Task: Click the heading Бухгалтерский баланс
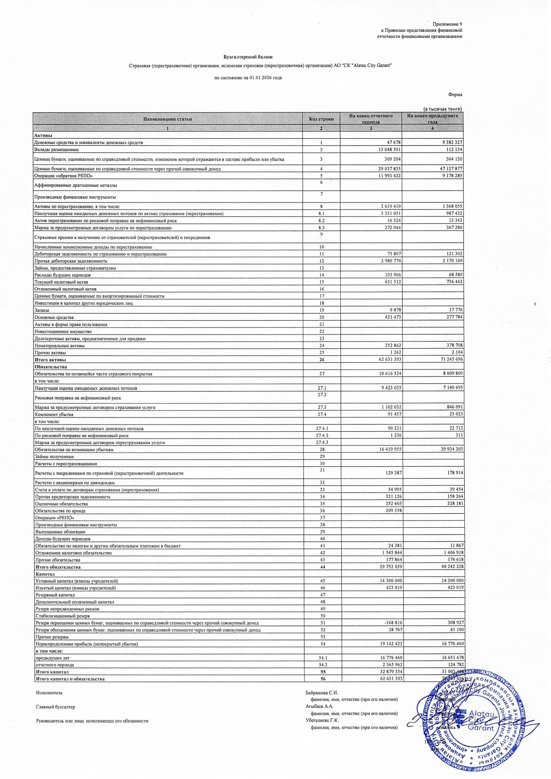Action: [248, 57]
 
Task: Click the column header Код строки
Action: [321, 119]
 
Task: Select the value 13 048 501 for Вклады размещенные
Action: [389, 150]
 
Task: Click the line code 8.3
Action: [321, 228]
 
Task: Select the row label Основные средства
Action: [54, 318]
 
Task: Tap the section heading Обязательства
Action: [51, 367]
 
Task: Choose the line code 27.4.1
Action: [322, 429]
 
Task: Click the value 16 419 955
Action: [390, 449]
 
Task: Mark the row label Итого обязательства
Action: [58, 567]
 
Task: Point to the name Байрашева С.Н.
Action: [322, 692]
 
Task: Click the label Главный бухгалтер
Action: [56, 707]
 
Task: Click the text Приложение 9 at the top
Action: [447, 24]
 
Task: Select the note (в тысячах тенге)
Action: [442, 109]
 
